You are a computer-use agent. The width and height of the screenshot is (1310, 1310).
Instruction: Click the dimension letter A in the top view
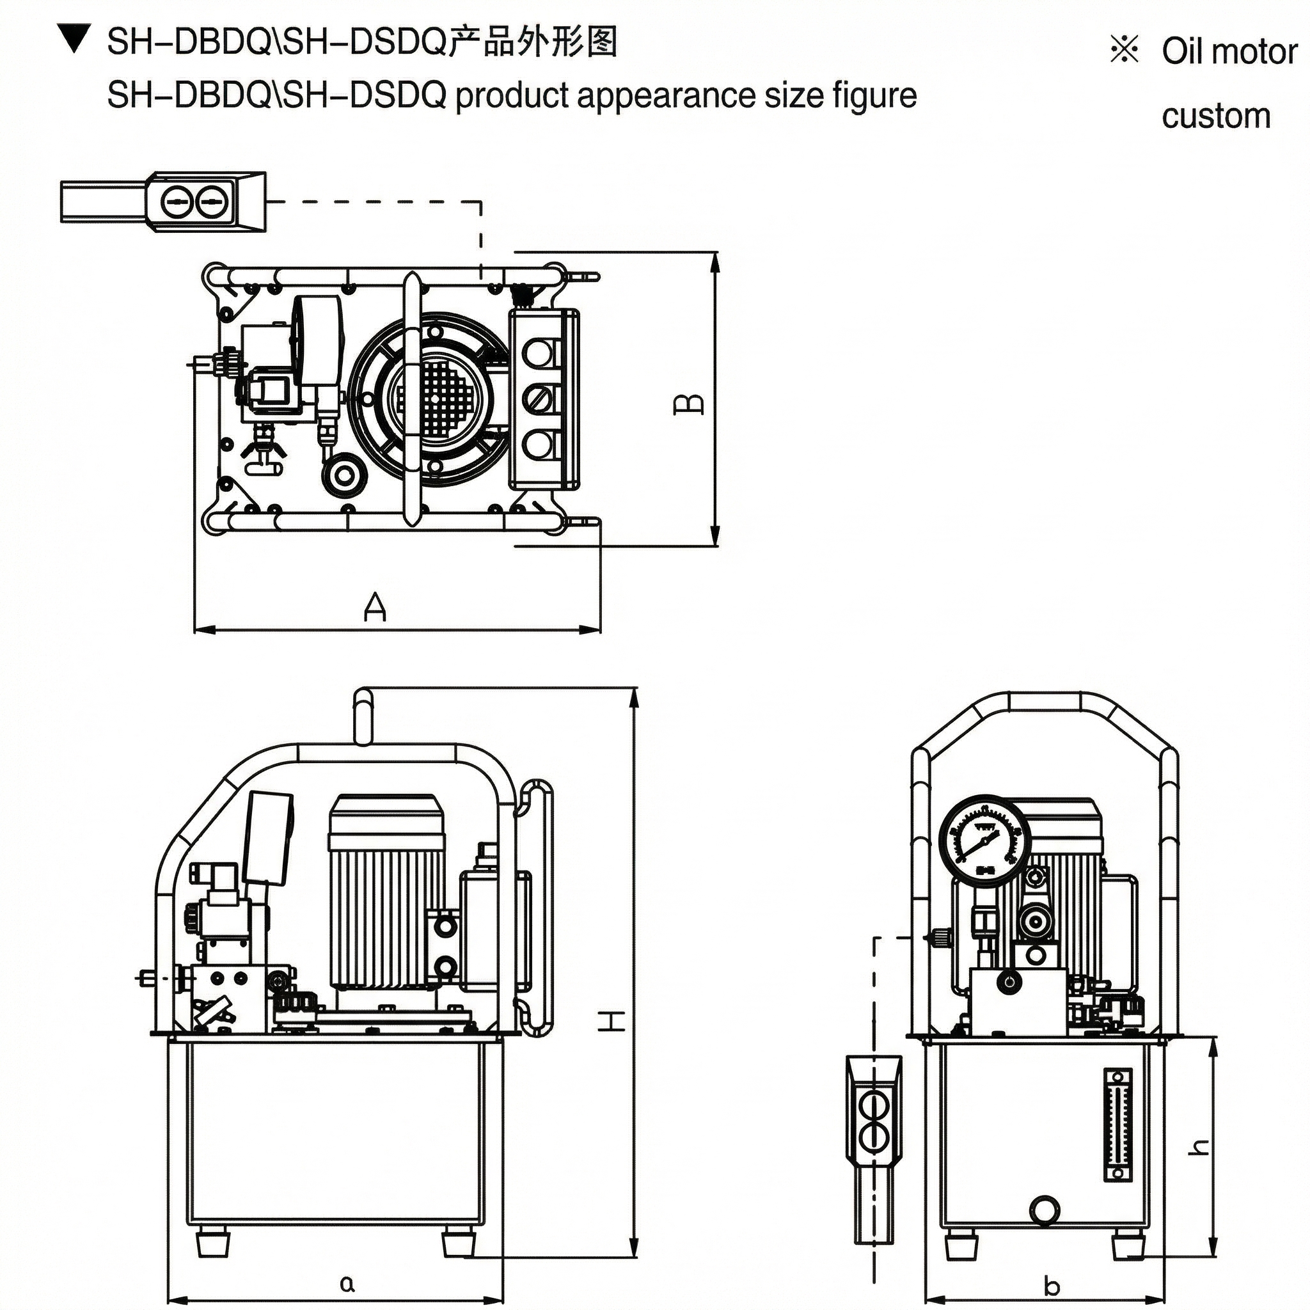click(374, 607)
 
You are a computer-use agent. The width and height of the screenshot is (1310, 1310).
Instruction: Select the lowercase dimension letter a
click(347, 1284)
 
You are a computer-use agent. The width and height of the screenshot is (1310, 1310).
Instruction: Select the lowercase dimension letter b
click(1052, 1286)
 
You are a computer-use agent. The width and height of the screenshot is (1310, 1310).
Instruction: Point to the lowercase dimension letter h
click(1199, 1147)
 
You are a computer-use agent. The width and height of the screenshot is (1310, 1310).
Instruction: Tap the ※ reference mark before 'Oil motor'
click(1125, 50)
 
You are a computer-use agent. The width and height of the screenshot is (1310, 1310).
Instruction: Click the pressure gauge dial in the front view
click(984, 839)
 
